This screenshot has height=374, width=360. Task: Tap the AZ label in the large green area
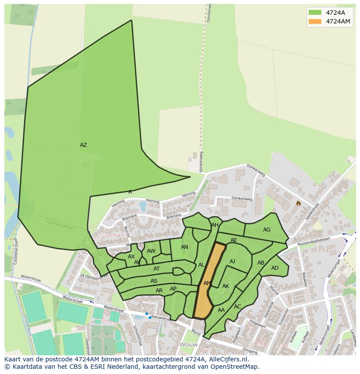[x=83, y=145]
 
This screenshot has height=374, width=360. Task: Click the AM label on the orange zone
[x=207, y=283]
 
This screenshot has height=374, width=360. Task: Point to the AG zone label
[x=267, y=230]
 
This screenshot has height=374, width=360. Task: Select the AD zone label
[x=275, y=268]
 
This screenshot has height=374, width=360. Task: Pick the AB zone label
[x=261, y=263]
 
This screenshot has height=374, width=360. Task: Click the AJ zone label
[x=232, y=261]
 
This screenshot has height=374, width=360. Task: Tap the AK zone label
[x=225, y=286]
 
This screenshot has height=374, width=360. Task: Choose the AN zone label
[x=184, y=247]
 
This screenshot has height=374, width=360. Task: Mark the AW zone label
[x=151, y=251]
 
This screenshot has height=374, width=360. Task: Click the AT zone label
[x=157, y=269]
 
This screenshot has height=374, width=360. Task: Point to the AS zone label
[x=154, y=281]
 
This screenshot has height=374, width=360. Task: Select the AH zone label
[x=215, y=225]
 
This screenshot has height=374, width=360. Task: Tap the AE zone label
[x=234, y=240]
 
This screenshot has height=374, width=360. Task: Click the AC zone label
[x=237, y=307]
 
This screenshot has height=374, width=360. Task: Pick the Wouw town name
[x=188, y=344]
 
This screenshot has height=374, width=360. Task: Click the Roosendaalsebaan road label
[x=314, y=242]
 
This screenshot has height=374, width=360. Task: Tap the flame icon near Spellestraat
[x=298, y=203]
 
